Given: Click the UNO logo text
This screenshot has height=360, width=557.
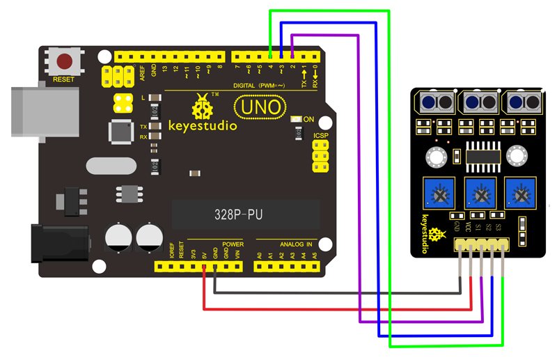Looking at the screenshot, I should (x=258, y=108).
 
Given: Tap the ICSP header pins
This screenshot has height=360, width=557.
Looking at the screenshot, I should (x=321, y=157).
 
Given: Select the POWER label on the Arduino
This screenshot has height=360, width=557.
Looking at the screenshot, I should (x=233, y=244).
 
